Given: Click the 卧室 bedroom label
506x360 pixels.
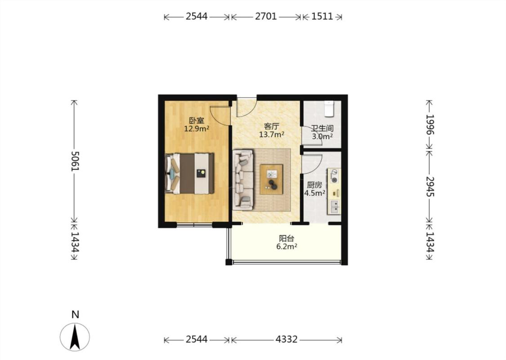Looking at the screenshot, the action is click(x=197, y=121).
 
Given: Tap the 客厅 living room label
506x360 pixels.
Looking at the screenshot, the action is click(x=271, y=126).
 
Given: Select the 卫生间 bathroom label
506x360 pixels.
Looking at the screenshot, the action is click(x=322, y=129).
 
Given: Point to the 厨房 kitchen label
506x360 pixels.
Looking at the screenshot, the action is click(x=314, y=185).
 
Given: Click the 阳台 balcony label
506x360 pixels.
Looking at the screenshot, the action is click(x=287, y=238).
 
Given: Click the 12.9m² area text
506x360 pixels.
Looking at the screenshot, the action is click(x=197, y=129).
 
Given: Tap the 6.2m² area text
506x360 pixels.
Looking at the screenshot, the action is click(x=287, y=247).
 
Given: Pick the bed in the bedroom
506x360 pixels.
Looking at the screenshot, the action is click(x=190, y=173).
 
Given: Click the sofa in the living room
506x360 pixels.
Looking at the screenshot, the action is click(x=243, y=179).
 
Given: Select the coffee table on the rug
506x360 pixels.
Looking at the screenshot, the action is click(x=271, y=180).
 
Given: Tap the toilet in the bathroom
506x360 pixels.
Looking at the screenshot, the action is click(x=329, y=108).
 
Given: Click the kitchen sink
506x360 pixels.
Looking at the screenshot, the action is click(x=334, y=207).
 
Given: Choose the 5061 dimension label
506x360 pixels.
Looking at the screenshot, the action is click(x=75, y=161).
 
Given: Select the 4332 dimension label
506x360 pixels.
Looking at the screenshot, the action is click(x=287, y=339).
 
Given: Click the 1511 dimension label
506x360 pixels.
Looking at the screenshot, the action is click(x=322, y=16).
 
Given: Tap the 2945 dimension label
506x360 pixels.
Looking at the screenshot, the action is click(x=430, y=187).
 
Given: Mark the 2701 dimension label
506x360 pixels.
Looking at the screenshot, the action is click(x=266, y=16).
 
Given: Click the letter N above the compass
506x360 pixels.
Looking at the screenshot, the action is click(x=75, y=315).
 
